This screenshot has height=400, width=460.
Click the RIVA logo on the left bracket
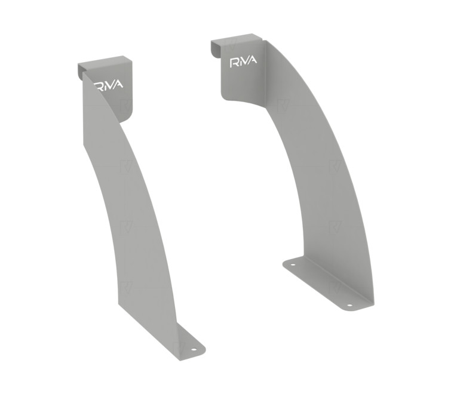click(x=109, y=85)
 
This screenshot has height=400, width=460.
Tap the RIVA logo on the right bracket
click(x=243, y=62)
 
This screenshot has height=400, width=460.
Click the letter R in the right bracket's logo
click(x=234, y=63)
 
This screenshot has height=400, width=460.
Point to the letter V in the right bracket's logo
click(x=246, y=61)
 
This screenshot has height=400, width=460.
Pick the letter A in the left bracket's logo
click(x=119, y=84)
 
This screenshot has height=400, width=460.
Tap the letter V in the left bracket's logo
click(x=112, y=85)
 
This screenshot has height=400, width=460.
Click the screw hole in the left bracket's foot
click(x=194, y=349)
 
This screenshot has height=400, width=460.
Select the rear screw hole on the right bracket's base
click(x=293, y=264)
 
